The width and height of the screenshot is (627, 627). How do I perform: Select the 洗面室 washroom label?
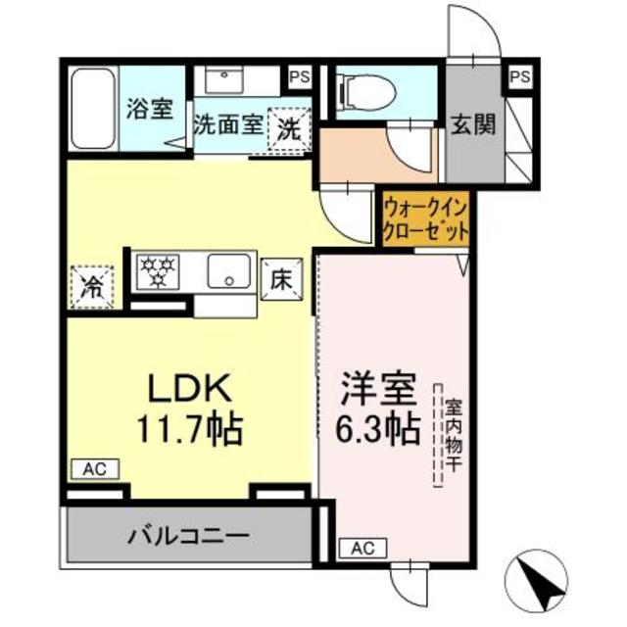pos(227,125)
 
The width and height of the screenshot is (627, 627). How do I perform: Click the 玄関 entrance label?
pos(472,123)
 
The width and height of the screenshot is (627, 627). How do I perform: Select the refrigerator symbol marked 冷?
pos(92,286)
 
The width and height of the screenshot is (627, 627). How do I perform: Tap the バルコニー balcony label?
pos(187,536)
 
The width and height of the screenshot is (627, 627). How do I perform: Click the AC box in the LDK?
pos(94,469)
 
